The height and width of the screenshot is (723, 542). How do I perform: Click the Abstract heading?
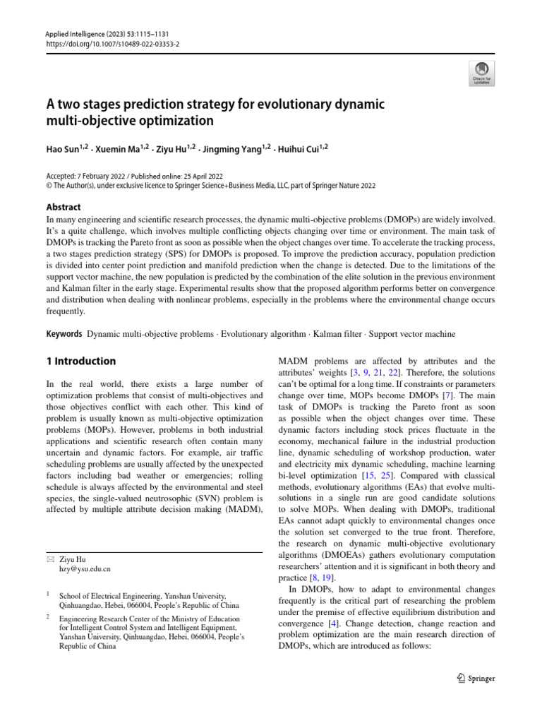coord(64,207)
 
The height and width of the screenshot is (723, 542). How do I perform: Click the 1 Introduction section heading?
coord(80,361)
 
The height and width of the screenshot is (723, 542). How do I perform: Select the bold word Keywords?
coord(63,333)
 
